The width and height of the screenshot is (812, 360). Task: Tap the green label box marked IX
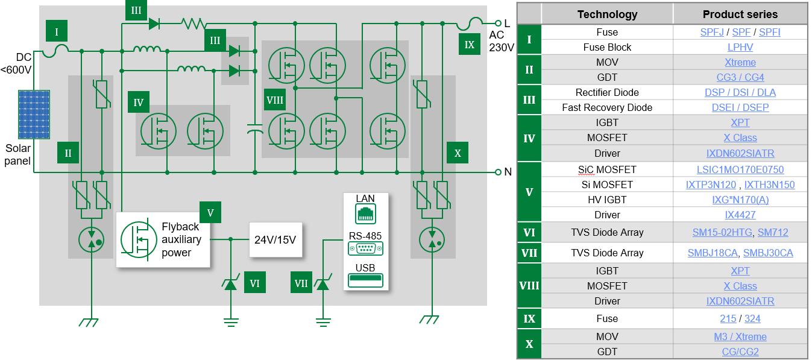tap(470, 43)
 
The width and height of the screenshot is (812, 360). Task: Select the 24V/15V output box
tap(275, 239)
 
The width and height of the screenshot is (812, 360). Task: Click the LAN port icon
tap(365, 212)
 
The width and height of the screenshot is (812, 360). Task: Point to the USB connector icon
tap(365, 280)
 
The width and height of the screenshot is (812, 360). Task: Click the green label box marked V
tap(210, 212)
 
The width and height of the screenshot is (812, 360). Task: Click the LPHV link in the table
tap(740, 47)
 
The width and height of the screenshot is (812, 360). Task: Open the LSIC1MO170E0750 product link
tap(740, 169)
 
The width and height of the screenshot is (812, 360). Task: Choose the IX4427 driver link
tap(740, 215)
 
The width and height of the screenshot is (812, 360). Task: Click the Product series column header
tap(740, 14)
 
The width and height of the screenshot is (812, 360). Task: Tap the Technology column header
tap(606, 14)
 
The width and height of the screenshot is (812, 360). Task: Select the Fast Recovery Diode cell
tap(606, 107)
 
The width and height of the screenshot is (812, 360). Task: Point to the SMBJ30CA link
tap(767, 253)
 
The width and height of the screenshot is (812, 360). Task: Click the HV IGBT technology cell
tap(606, 200)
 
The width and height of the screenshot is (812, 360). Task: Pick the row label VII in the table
tap(529, 253)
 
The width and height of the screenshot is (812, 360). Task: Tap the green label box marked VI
tap(254, 282)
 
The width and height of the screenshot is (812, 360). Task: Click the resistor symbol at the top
tap(194, 24)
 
